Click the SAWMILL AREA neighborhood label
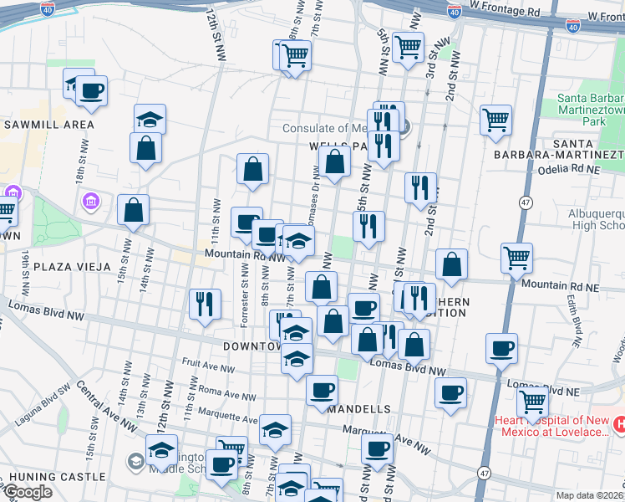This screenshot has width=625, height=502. point(48,124)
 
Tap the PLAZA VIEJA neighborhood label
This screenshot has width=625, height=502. point(72,267)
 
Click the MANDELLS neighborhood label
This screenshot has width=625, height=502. point(359,409)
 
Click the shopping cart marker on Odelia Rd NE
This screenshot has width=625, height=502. point(495,120)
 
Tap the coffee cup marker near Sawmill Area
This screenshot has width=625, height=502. point(92,91)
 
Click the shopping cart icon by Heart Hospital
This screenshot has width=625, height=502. point(532,401)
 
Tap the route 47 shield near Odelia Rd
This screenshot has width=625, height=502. point(526,202)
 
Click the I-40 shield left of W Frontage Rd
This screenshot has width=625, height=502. point(454,13)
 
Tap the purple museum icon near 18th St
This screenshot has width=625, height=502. point(90,202)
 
